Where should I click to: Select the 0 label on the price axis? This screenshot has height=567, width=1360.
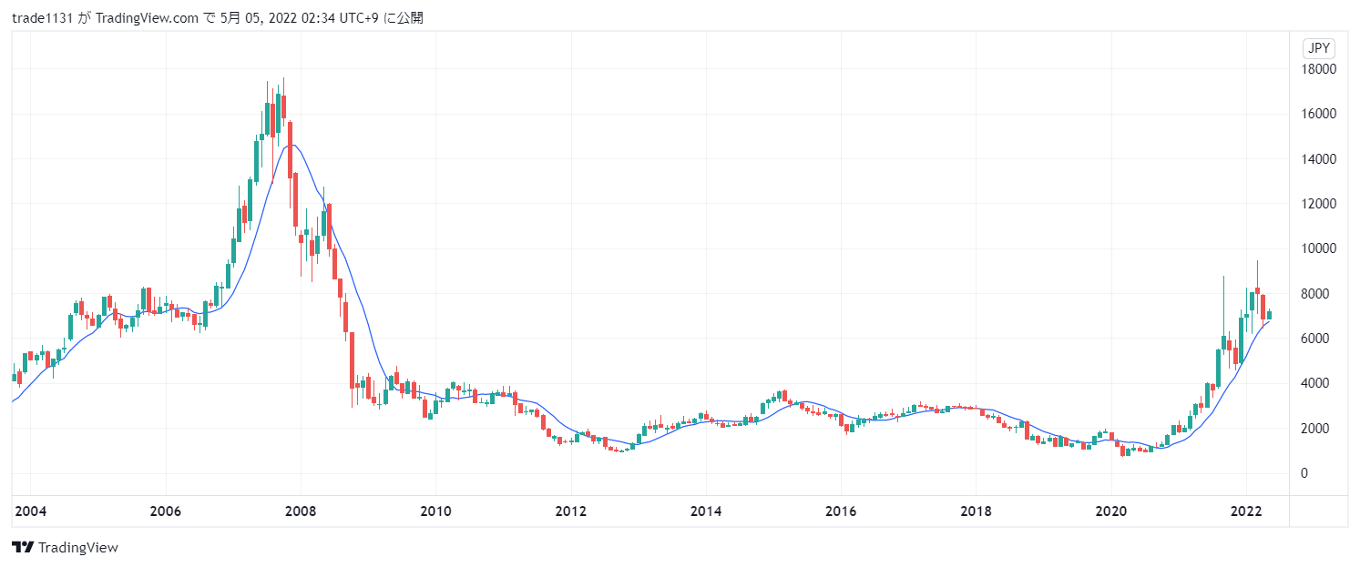(x=1304, y=473)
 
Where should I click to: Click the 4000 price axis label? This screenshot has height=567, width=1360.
(x=1316, y=383)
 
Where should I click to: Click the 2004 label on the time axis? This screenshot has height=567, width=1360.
(x=30, y=511)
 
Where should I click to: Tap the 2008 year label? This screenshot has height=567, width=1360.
(x=300, y=511)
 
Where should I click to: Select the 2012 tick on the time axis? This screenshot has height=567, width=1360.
(x=570, y=511)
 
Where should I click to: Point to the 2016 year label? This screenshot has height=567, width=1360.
(x=841, y=511)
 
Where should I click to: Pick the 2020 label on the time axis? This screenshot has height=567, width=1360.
(x=1111, y=511)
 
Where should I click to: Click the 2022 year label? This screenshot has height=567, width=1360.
(x=1246, y=511)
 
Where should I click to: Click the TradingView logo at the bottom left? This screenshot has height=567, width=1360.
(x=65, y=547)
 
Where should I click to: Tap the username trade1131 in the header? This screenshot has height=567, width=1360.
(x=43, y=17)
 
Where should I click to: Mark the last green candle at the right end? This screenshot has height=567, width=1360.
(x=1270, y=315)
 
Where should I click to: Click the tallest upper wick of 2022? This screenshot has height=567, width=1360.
(x=1257, y=273)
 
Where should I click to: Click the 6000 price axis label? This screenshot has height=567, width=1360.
(x=1316, y=339)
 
